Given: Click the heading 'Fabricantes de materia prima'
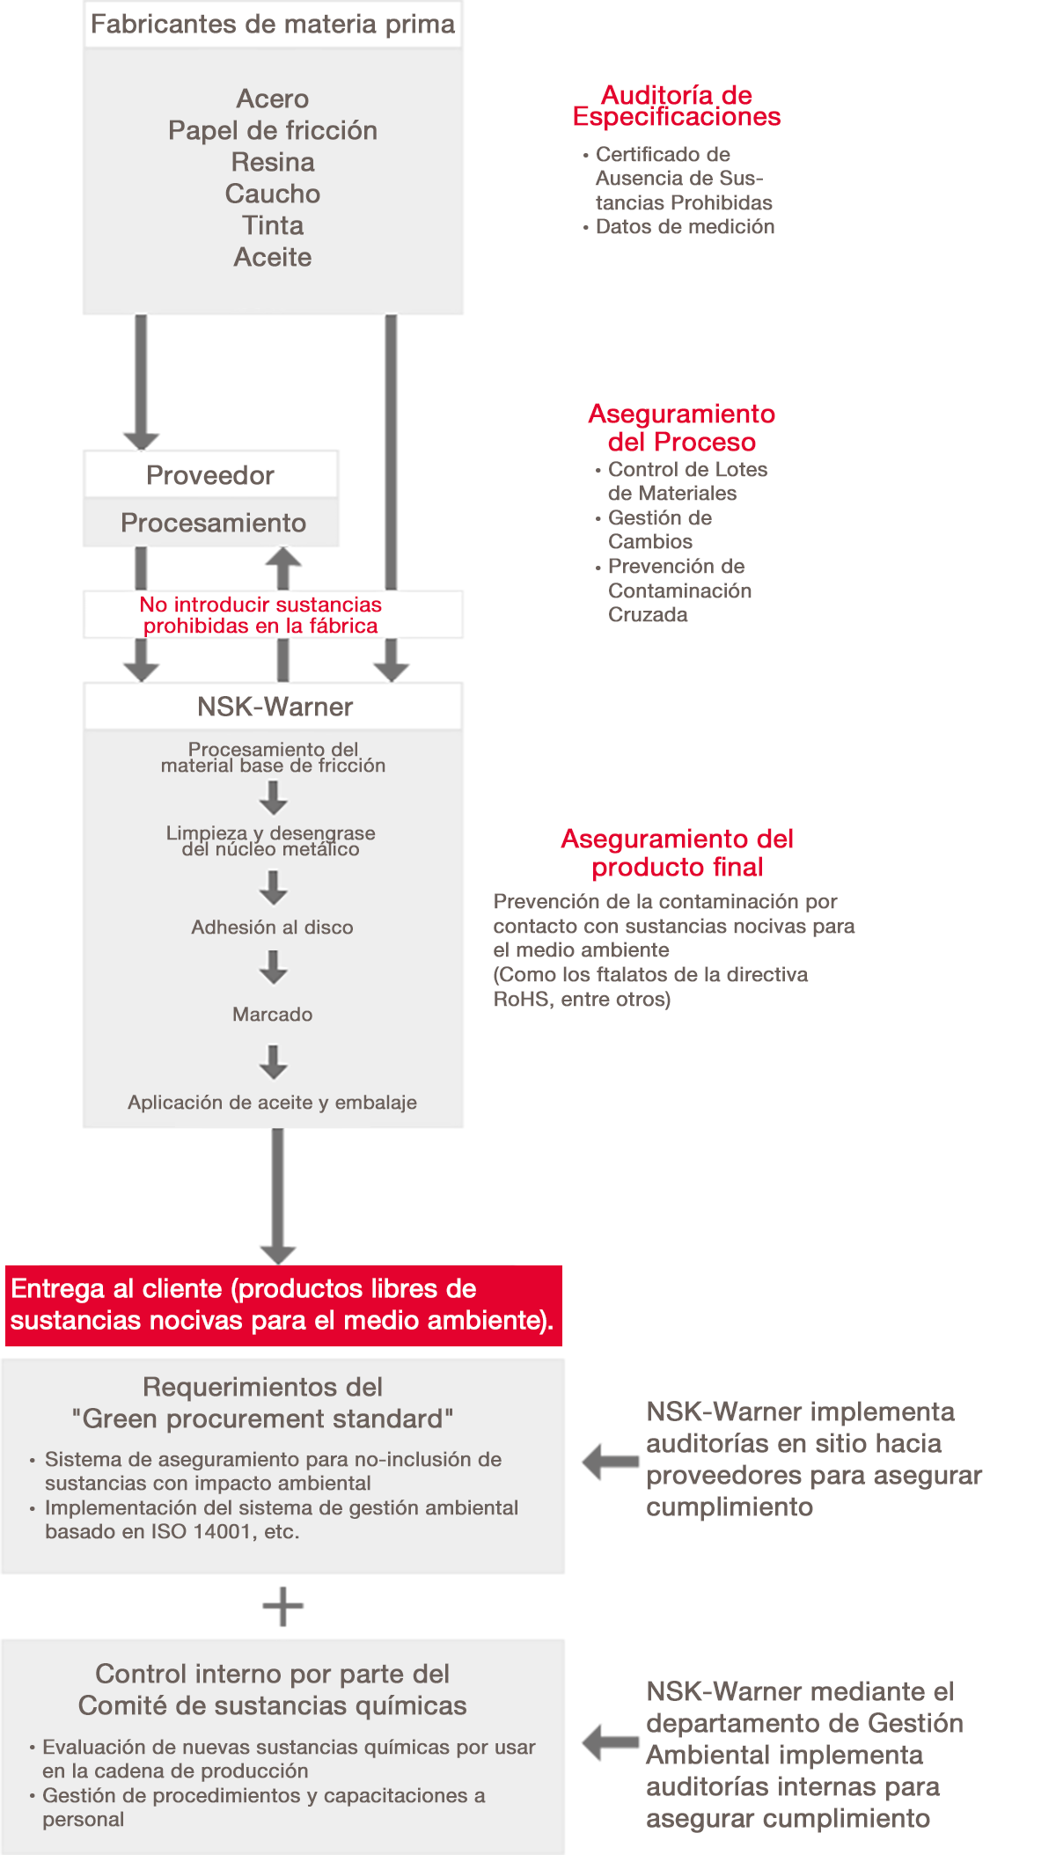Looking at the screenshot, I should pos(273,24).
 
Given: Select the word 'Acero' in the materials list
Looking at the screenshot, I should pos(273,99).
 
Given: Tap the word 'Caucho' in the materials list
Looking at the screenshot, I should pos(273,194).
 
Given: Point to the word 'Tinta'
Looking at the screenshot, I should pos(273,225).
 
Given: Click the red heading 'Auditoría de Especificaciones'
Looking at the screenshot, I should pos(677,106).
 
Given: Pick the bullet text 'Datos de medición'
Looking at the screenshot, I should pos(685,227).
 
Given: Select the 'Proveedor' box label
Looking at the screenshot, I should pos(210,475).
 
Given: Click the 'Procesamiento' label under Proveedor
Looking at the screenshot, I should pos(213,523).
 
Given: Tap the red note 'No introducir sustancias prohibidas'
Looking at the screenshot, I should pos(260,615).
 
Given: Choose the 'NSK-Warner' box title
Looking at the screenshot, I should pos(275,707).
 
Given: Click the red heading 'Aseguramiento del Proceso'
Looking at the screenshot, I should pos(682,428).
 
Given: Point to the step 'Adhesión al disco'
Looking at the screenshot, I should pos(272,927).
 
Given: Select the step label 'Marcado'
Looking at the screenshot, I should pos(272,1015).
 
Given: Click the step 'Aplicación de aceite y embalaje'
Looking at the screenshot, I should pos(272,1103).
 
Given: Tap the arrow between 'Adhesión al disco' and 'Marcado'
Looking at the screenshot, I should pos(274,967).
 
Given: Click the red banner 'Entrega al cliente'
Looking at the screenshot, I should pos(282,1305).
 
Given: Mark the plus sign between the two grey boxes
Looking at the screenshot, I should pos(283,1607).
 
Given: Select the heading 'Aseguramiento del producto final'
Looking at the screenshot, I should pos(677,853).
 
